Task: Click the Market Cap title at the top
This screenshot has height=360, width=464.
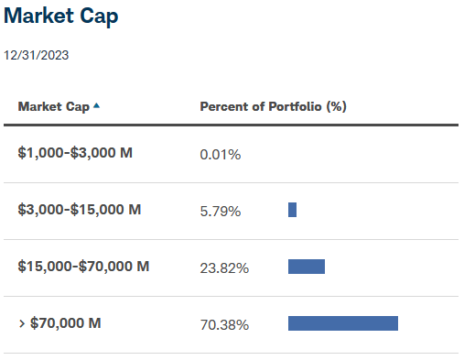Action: coord(61,16)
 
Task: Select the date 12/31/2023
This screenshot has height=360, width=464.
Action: coord(37,55)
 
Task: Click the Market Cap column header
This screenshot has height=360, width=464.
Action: coord(53,106)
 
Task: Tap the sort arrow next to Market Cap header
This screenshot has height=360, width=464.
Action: coord(96,106)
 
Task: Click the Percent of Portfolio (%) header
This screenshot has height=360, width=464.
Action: coord(273,106)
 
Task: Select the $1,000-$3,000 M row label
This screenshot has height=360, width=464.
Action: coord(75,153)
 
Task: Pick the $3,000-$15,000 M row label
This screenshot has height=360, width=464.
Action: coord(80,210)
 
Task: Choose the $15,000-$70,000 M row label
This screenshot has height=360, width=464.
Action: coord(83,267)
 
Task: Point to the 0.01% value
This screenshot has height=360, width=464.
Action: coord(220,155)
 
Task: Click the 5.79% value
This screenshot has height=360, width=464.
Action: coord(220,212)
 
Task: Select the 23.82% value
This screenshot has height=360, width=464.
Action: coord(224,268)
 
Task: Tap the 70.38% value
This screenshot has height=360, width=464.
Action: coord(224,324)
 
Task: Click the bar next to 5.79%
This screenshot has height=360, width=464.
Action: coord(292,210)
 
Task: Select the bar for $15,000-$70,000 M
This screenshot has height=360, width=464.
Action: coord(307,267)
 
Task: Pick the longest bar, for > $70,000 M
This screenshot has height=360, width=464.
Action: coord(343,323)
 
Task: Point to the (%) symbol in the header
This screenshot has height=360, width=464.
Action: coord(336,106)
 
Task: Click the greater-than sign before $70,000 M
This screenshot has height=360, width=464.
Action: coord(21,323)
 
